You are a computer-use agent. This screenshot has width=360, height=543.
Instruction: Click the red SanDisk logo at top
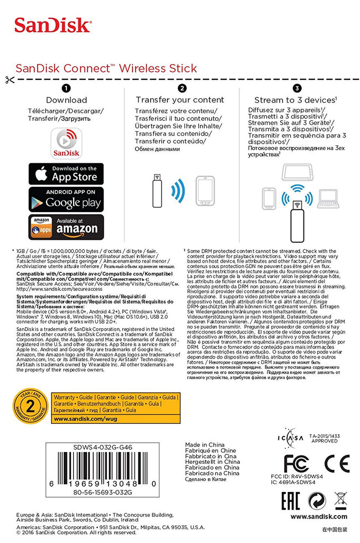53,24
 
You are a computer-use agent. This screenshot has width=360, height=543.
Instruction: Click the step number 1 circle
66,88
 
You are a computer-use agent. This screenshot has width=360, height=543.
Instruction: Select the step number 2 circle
182,88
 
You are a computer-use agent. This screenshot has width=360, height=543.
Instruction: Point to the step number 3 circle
297,88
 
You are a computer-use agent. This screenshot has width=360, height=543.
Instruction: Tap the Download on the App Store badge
66,173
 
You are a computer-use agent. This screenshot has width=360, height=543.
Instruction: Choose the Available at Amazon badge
66,227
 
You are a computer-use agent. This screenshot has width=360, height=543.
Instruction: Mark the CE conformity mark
337,463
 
